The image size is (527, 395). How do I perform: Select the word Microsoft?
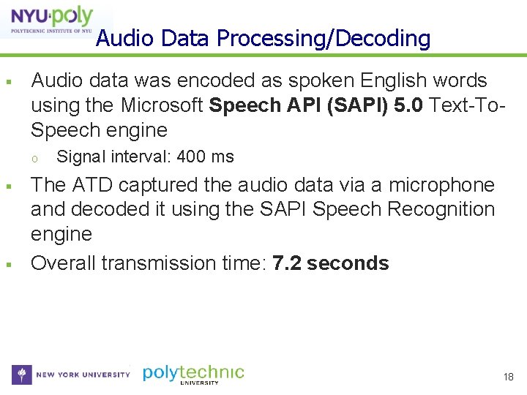[x=162, y=105]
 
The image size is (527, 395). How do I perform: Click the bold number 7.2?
[x=287, y=263]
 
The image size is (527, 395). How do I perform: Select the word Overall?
[x=63, y=263]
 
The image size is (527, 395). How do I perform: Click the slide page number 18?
[x=509, y=377]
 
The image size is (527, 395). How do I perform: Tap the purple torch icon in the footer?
[x=22, y=375]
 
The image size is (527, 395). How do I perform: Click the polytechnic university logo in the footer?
[x=193, y=374]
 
